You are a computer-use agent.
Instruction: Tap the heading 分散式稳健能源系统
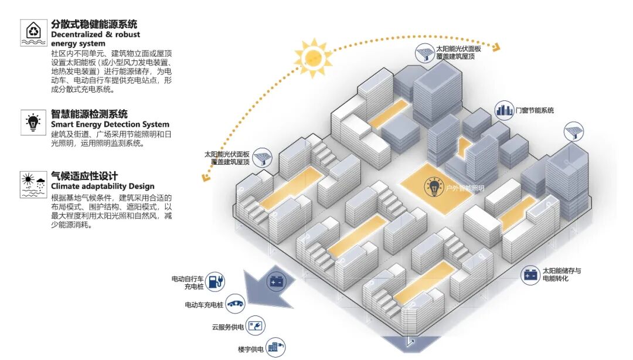[x=94, y=25]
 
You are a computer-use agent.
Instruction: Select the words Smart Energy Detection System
[x=110, y=124]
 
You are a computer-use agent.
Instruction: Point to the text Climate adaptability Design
[x=103, y=186]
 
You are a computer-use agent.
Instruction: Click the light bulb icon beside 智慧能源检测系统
[x=32, y=122]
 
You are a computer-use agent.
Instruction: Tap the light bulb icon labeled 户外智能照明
[x=434, y=187]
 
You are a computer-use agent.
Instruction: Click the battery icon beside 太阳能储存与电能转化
[x=531, y=274]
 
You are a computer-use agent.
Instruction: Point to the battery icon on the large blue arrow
[x=275, y=282]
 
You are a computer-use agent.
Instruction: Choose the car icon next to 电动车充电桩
[x=235, y=304]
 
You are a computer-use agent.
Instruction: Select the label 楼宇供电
[x=250, y=349]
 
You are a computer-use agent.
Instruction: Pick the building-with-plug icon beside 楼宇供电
[x=275, y=347]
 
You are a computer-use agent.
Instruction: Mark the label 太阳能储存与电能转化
[x=561, y=274]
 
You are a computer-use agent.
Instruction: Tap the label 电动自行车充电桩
[x=188, y=282]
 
